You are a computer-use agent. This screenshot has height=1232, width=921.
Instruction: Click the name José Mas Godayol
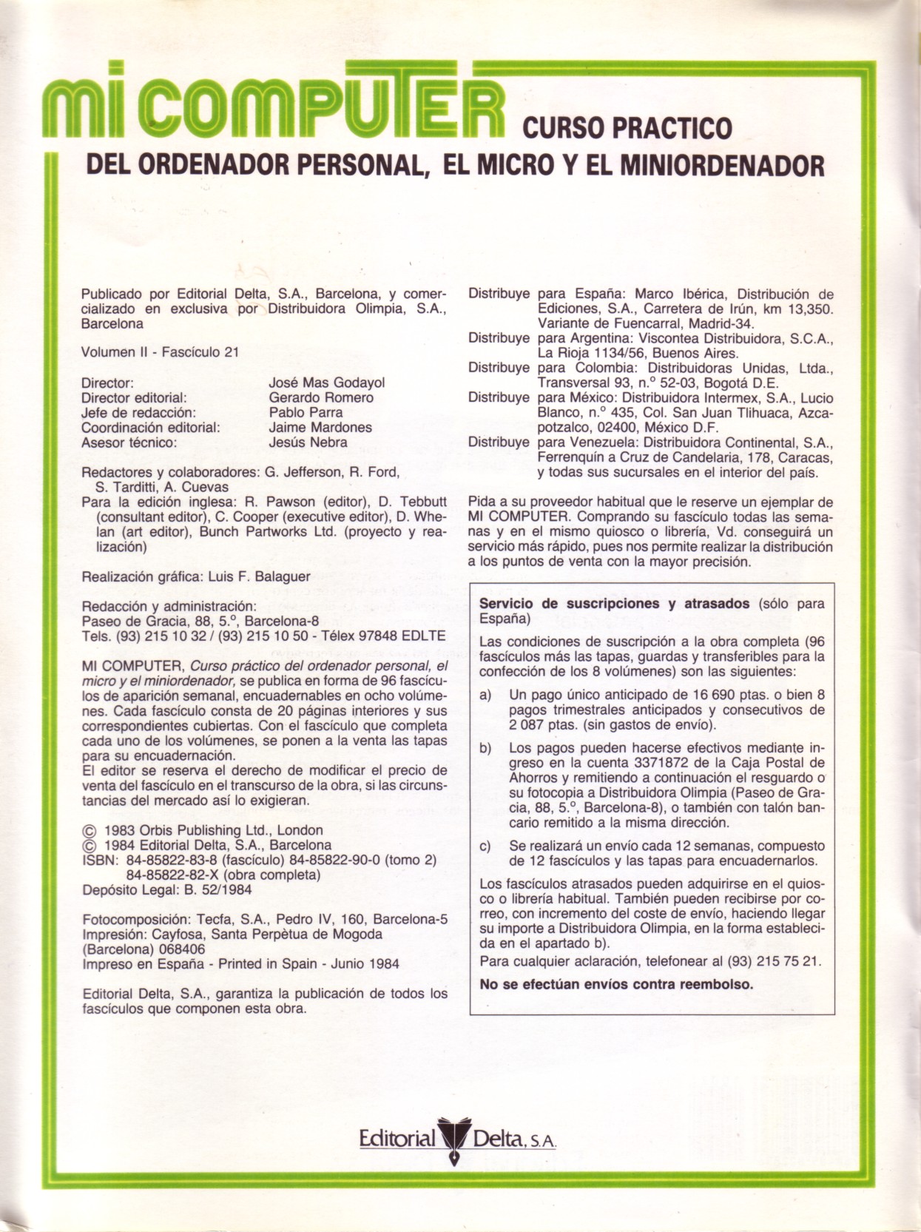pos(327,383)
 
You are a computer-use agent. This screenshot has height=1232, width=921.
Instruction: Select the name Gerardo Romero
pos(321,397)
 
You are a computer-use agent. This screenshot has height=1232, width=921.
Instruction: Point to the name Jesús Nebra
pos(308,442)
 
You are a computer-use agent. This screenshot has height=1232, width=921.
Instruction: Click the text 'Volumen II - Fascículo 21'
pos(160,352)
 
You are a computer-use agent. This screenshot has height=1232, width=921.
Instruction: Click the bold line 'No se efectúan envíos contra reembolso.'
pos(616,984)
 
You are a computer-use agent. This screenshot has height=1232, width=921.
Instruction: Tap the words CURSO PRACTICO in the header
pos(627,128)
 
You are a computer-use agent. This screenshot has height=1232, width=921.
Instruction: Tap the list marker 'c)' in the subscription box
pos(485,846)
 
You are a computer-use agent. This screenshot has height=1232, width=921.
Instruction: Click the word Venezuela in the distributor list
pos(594,442)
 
